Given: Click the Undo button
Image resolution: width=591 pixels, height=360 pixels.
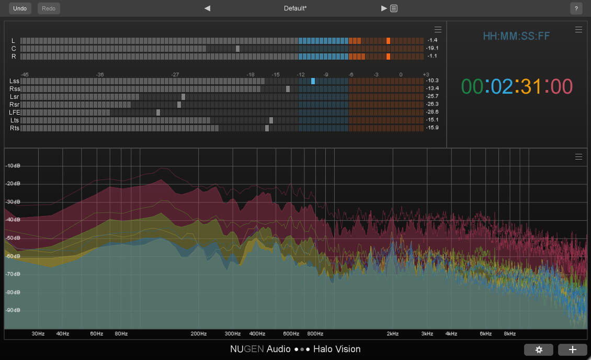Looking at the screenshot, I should tap(20, 8).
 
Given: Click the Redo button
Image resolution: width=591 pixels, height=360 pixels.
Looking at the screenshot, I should tap(49, 8).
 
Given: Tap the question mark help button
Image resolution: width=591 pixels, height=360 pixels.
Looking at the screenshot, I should tap(576, 8).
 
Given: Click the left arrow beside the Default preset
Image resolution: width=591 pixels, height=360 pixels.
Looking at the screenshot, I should tap(207, 8).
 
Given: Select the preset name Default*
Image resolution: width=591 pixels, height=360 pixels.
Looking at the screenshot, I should tap(295, 8).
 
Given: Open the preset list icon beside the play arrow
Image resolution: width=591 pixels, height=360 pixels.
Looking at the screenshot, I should tap(394, 8).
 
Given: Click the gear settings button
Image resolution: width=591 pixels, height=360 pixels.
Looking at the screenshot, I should tap(539, 350).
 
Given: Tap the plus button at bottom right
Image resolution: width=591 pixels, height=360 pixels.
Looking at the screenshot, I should tap(572, 350).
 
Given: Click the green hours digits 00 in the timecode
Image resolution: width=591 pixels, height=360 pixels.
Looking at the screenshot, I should tap(472, 86).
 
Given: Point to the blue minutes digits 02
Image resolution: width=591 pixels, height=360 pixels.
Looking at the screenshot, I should tap(502, 86).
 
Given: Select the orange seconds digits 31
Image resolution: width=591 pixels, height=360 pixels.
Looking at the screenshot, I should tap(531, 86).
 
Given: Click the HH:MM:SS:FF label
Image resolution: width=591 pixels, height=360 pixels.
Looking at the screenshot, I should tap(516, 36).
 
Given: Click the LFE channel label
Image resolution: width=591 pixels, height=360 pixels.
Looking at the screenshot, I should tap(14, 113).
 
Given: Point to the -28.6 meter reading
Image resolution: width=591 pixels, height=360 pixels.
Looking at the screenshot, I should tap(432, 113).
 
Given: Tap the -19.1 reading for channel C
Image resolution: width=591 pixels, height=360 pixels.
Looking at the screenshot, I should tap(432, 48).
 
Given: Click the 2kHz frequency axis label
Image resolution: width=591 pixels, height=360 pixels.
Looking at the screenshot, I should tap(393, 334).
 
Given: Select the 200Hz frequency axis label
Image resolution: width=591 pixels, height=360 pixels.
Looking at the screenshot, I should tap(199, 334).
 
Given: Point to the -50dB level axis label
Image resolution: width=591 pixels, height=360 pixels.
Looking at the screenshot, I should tap(13, 238).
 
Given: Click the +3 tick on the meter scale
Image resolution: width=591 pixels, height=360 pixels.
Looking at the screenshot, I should tap(426, 74).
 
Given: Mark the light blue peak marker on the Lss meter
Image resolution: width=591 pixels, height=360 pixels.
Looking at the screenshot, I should tap(313, 81).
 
